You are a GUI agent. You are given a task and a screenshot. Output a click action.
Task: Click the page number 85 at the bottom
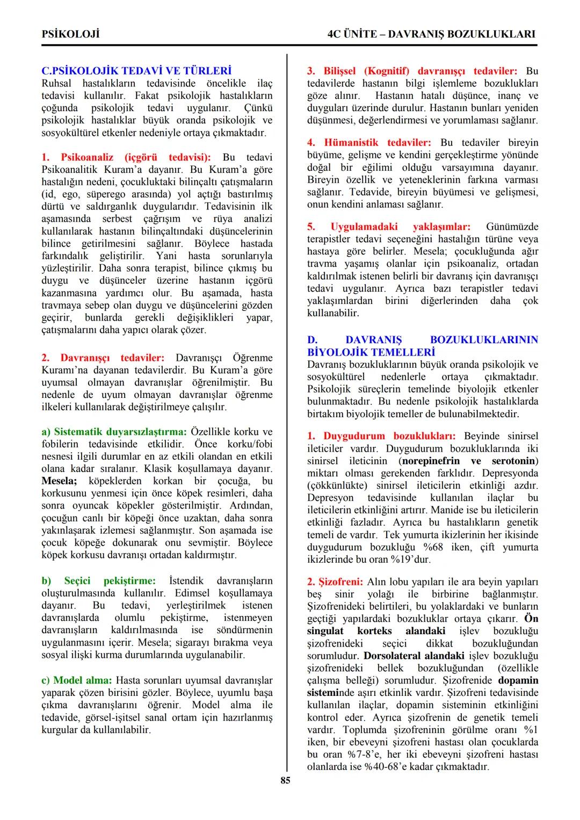point(285,780)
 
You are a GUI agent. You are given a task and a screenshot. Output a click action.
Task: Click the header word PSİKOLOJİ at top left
point(71,34)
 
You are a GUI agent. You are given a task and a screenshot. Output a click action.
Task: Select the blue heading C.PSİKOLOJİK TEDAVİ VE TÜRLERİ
point(136,71)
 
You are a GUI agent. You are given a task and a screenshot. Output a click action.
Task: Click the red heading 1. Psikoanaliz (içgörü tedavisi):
point(126,157)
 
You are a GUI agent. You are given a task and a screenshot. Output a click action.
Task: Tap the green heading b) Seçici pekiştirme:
point(99,580)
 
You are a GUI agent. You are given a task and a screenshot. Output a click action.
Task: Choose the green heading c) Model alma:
point(77,680)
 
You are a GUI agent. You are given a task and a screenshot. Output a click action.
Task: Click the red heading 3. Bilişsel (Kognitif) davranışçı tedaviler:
point(412,71)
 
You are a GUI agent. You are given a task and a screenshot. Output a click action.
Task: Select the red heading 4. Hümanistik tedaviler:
point(369,142)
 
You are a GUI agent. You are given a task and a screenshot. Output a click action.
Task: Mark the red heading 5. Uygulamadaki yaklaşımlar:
point(389,227)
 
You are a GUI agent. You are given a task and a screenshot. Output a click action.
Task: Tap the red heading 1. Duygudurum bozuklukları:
point(381,436)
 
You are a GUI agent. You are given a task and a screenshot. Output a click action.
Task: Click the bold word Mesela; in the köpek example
point(60,481)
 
